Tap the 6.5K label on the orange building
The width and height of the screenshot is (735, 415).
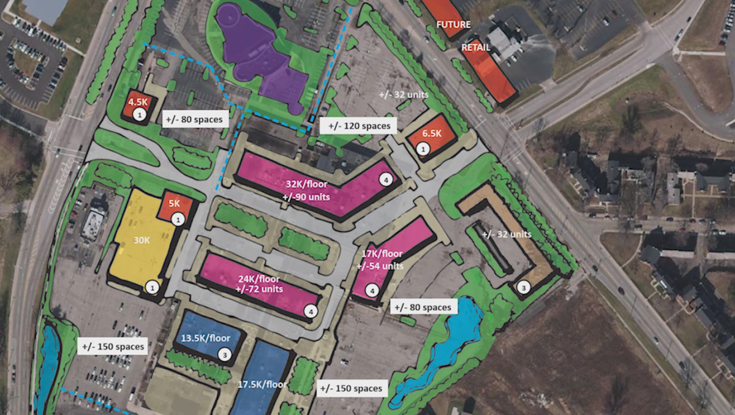click(432, 133)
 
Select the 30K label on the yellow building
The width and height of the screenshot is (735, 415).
click(141, 241)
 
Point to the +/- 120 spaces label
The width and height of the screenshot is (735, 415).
click(359, 126)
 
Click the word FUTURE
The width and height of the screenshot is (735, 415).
click(453, 25)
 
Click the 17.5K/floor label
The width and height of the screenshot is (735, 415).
click(262, 384)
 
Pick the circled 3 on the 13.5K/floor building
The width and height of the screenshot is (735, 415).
click(225, 354)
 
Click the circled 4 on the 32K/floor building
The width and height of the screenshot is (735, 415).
click(385, 179)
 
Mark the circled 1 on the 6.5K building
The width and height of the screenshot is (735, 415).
click(422, 148)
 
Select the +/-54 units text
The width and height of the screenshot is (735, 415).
click(380, 266)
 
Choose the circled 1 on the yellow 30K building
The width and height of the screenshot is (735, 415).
click(153, 286)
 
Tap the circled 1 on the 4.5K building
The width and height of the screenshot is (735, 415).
click(140, 114)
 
